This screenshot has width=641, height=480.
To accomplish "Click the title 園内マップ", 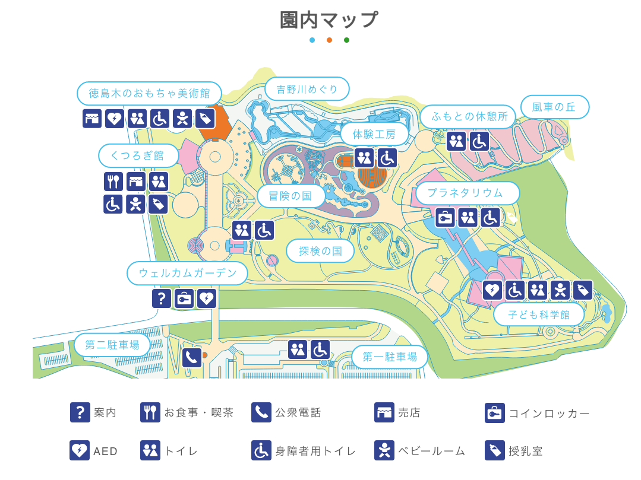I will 329,20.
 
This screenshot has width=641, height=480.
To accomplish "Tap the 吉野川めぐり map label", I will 307,89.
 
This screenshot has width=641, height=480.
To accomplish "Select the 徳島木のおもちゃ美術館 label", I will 149,93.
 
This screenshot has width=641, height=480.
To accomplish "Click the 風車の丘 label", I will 554,107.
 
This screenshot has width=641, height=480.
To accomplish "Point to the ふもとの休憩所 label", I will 467,116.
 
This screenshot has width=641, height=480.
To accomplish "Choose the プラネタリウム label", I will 467,193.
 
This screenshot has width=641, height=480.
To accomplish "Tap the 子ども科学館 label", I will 538,314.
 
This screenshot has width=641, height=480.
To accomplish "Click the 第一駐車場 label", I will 389,357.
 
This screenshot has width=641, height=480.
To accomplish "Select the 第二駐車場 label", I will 112,345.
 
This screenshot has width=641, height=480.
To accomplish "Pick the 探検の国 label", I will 320,251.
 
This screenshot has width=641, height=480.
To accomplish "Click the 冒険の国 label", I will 290,196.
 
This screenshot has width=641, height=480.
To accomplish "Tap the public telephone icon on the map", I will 192,357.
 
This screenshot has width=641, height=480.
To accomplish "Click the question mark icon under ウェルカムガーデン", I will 162,298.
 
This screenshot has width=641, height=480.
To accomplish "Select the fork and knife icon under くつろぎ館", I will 113,182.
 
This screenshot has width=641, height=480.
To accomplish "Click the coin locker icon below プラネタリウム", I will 445,218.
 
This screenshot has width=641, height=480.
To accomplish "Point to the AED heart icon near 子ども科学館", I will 492,290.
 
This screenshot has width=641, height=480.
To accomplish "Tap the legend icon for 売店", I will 384,412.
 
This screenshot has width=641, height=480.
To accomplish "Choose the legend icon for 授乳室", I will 494,450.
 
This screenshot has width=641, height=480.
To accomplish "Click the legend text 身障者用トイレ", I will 315,451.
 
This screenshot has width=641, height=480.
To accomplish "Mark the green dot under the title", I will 346,40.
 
